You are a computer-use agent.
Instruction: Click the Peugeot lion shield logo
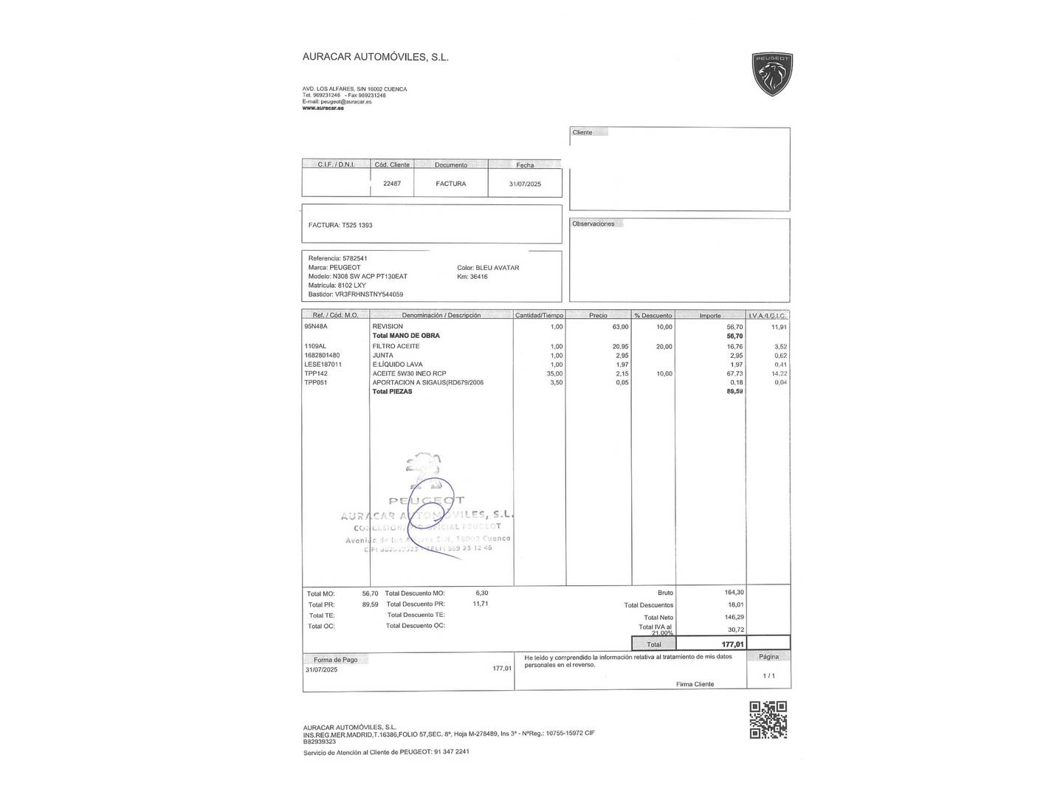[771, 74]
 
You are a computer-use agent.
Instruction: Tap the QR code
[768, 720]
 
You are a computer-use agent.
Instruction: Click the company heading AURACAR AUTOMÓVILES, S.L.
[375, 57]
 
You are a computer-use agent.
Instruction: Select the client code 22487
[392, 184]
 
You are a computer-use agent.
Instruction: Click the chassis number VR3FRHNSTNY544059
[369, 294]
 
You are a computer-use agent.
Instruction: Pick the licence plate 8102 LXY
[351, 286]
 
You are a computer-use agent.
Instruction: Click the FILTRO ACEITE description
[396, 346]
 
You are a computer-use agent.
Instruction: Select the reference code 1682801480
[322, 356]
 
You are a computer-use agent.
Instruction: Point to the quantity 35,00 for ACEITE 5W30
[554, 373]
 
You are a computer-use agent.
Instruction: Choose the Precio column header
[598, 316]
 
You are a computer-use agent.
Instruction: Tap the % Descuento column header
[653, 316]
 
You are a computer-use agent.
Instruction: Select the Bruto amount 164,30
[734, 593]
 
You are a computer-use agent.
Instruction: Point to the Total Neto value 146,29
[734, 617]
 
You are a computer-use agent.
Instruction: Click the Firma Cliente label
[695, 684]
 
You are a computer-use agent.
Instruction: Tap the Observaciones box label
[593, 224]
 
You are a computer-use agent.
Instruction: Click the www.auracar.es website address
[323, 108]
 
